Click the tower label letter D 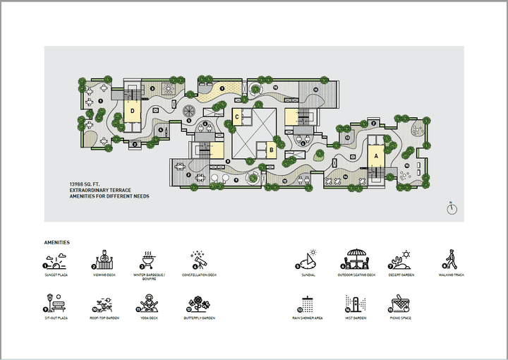coord(131,110)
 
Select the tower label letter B coord(272,149)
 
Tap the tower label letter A coord(376,155)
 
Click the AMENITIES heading coord(56,242)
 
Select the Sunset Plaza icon coord(56,261)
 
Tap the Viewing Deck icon coord(104,260)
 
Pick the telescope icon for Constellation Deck coord(199,260)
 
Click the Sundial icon coord(308,260)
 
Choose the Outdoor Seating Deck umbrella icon coord(356,260)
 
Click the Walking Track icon coord(450,260)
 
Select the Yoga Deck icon coord(149,304)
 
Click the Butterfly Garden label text coord(199,318)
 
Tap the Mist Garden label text coord(356,318)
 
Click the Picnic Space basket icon coord(400,304)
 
